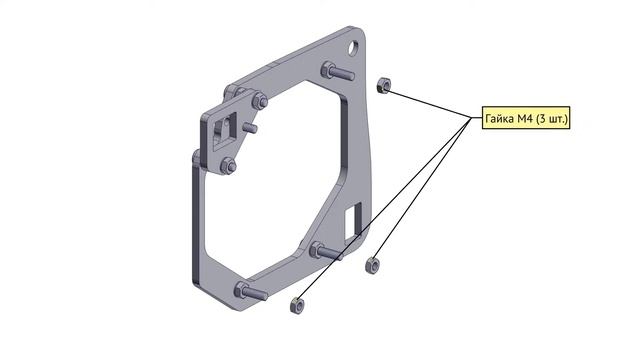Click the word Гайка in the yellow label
point(500,118)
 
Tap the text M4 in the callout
point(524,118)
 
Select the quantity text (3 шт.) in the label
point(551,118)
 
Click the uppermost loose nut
point(383,85)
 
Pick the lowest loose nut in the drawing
point(297,305)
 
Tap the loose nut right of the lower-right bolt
point(372,266)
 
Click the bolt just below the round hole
point(337,72)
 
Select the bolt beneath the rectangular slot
point(326,251)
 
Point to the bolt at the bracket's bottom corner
point(251,291)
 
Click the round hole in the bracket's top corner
point(353,47)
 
